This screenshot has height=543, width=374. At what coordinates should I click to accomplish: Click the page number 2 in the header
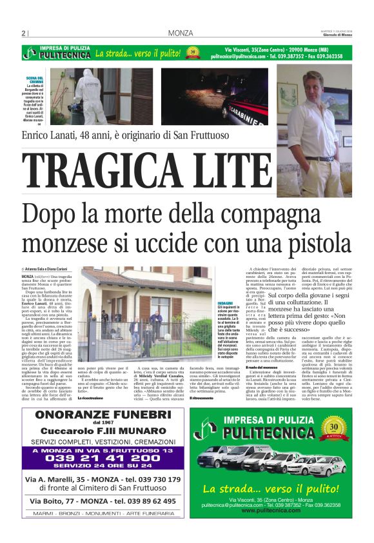click(x=23, y=33)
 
